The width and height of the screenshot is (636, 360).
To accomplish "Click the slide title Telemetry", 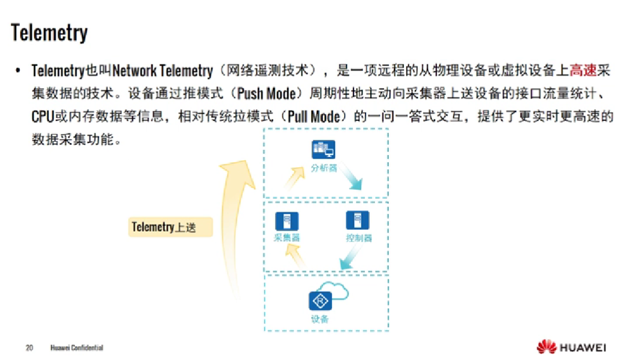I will tap(49, 33).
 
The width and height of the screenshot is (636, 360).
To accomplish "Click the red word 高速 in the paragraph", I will tap(583, 71).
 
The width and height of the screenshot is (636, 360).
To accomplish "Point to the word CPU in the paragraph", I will tap(42, 116).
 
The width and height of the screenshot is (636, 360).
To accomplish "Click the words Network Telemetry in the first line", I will tap(162, 71).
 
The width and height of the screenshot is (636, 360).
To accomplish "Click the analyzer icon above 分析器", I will tap(323, 150).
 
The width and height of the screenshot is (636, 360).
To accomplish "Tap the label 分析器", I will tap(323, 168).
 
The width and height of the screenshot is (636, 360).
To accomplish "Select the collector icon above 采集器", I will tap(287, 221).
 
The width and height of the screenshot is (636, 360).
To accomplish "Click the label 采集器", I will tap(287, 238).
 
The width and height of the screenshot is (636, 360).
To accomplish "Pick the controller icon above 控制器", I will tap(358, 221).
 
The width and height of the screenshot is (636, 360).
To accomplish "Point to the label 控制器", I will tap(359, 238).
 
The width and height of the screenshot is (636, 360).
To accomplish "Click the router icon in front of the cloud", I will tap(319, 301).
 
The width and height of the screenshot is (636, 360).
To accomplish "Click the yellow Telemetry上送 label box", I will tap(170, 227).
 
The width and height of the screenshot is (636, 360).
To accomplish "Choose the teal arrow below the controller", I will tap(348, 262).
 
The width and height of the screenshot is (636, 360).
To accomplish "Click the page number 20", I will tap(29, 348).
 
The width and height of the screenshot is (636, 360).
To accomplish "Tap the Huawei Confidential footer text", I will tap(77, 348).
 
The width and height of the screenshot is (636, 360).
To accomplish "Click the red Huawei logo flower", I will tap(546, 347).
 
